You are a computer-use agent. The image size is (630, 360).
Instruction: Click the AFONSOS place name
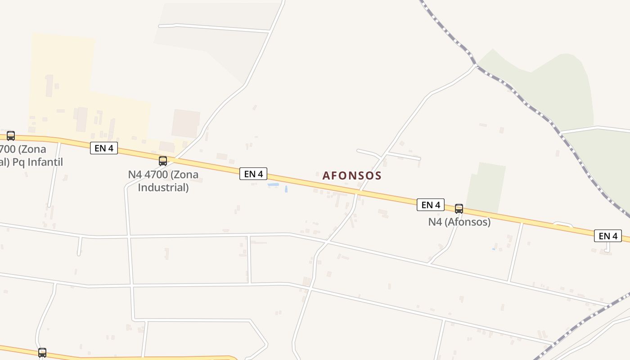(352, 175)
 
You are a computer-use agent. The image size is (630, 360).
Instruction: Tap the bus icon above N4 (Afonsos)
(459, 208)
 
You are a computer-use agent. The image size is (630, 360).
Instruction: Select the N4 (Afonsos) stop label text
(459, 222)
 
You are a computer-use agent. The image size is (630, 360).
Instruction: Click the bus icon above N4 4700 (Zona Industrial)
(163, 161)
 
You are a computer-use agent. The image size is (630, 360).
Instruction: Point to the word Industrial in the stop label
(163, 187)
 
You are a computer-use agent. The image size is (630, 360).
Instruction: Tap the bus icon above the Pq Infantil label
(11, 135)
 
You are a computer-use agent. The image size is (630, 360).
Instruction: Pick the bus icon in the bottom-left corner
(42, 352)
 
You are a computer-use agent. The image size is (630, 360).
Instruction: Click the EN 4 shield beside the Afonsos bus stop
(431, 205)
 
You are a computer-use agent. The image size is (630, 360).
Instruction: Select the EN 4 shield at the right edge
(607, 236)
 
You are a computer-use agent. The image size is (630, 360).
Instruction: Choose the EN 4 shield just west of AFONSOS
(253, 174)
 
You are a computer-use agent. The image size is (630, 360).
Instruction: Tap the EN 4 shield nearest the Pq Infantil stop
(104, 148)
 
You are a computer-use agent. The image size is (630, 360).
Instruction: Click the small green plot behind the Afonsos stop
(486, 187)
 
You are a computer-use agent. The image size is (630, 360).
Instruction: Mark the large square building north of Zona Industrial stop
(185, 123)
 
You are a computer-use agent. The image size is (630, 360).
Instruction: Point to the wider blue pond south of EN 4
(273, 185)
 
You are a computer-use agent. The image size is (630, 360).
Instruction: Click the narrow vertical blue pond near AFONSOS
(286, 189)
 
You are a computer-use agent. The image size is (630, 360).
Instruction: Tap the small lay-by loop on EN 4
(562, 224)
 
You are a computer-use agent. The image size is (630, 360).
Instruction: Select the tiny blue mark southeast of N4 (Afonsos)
(494, 249)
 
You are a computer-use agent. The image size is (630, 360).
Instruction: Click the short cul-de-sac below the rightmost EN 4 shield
(607, 248)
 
